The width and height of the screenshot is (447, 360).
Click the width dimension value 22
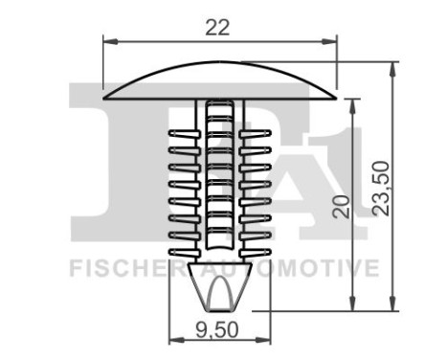[x=219, y=28]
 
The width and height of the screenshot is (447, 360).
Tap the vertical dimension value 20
[x=337, y=206]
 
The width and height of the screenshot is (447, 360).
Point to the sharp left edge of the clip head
[x=105, y=96]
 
